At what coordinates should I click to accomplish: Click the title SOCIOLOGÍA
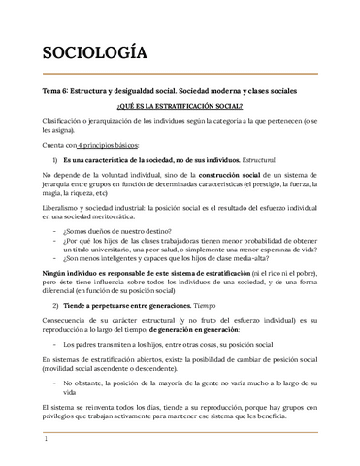pos(94,52)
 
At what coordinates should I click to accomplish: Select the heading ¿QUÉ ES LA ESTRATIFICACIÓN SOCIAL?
pos(180,105)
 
